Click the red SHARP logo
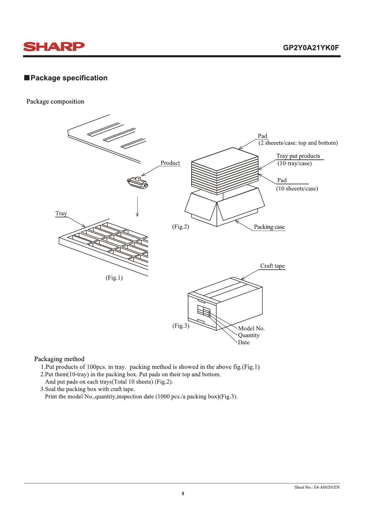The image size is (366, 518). point(54,47)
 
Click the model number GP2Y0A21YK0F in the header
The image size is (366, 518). point(311,48)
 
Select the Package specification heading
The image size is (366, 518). point(69,78)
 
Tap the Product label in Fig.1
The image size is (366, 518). point(170,163)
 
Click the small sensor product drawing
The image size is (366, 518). point(138,183)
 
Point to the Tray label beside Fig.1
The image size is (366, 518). point(61,214)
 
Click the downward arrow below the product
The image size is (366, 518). point(137,206)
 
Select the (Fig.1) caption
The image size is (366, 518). point(114,278)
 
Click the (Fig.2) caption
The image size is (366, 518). point(181,227)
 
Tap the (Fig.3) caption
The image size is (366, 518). point(181,326)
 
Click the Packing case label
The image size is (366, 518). point(269,227)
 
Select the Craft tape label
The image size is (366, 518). point(272,266)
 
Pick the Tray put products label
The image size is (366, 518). point(298,156)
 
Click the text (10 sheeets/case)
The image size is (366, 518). point(297,189)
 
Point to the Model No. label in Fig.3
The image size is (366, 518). point(251,328)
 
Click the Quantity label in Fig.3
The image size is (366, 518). point(249,335)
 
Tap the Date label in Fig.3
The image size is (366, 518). point(244,343)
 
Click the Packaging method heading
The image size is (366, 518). point(59,359)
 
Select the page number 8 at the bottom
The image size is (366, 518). point(183,493)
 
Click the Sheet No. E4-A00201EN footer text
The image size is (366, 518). point(317,487)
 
